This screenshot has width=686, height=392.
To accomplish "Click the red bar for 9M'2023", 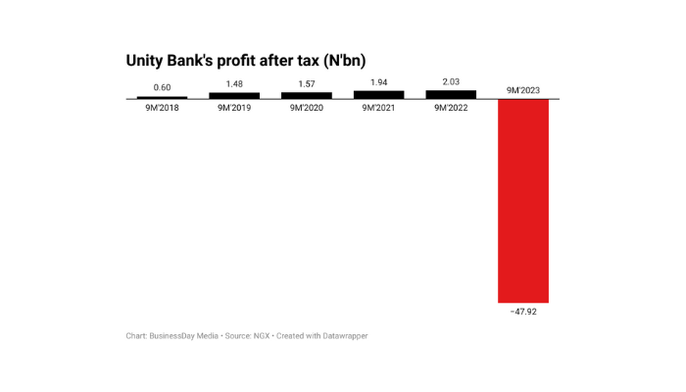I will [x=523, y=201].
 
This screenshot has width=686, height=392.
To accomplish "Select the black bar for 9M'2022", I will [x=451, y=95].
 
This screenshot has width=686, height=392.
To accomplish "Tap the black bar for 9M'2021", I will [x=378, y=95].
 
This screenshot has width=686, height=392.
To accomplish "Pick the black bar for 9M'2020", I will [x=307, y=96].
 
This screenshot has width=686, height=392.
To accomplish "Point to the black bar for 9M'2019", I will [x=234, y=96].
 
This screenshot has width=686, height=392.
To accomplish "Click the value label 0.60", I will [x=162, y=88].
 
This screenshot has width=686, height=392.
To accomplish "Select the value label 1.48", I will [x=234, y=84].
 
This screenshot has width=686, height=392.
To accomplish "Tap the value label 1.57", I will [x=307, y=84].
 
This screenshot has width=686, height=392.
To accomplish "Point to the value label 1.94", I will [x=378, y=82].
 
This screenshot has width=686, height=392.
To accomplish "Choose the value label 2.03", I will [x=451, y=82].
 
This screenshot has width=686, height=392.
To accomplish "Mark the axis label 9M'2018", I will [x=162, y=108].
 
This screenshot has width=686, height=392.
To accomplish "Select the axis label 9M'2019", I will [x=234, y=108].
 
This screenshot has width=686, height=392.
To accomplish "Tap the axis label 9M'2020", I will [x=307, y=108].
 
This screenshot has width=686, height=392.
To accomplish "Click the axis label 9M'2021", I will [x=378, y=108].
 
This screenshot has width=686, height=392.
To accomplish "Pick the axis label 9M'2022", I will [x=451, y=108].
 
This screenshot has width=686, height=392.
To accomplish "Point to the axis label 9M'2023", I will [x=523, y=90].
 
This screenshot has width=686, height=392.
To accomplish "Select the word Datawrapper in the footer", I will [x=343, y=336].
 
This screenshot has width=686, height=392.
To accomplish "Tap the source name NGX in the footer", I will [x=262, y=336].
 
